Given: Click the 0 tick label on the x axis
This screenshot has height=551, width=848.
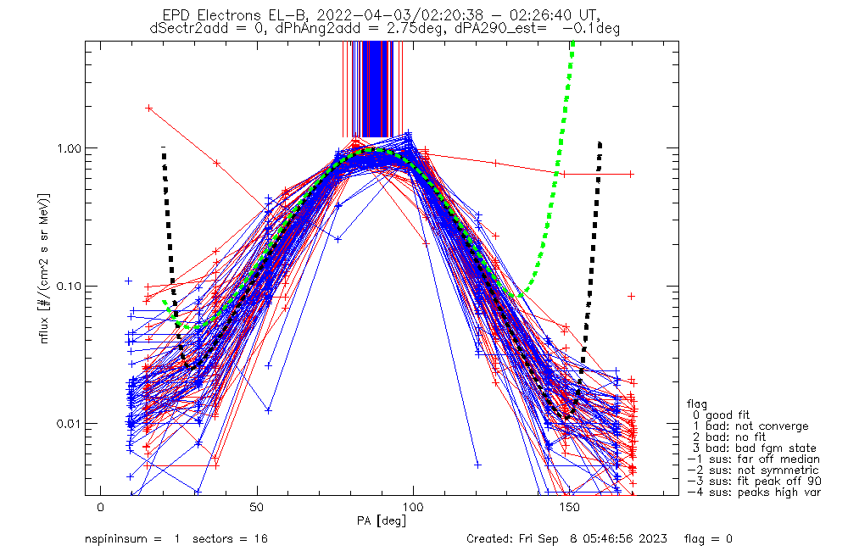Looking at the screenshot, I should [101, 507].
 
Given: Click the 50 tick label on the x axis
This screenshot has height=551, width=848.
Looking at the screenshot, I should [257, 507].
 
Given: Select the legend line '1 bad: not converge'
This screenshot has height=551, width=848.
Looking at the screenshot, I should [747, 426].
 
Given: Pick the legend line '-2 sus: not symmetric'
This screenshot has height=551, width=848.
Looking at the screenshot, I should [753, 470].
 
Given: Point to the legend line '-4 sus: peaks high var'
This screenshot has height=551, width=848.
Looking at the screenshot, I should [753, 493].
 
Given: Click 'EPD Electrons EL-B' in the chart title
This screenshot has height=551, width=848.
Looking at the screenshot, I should [237, 15].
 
